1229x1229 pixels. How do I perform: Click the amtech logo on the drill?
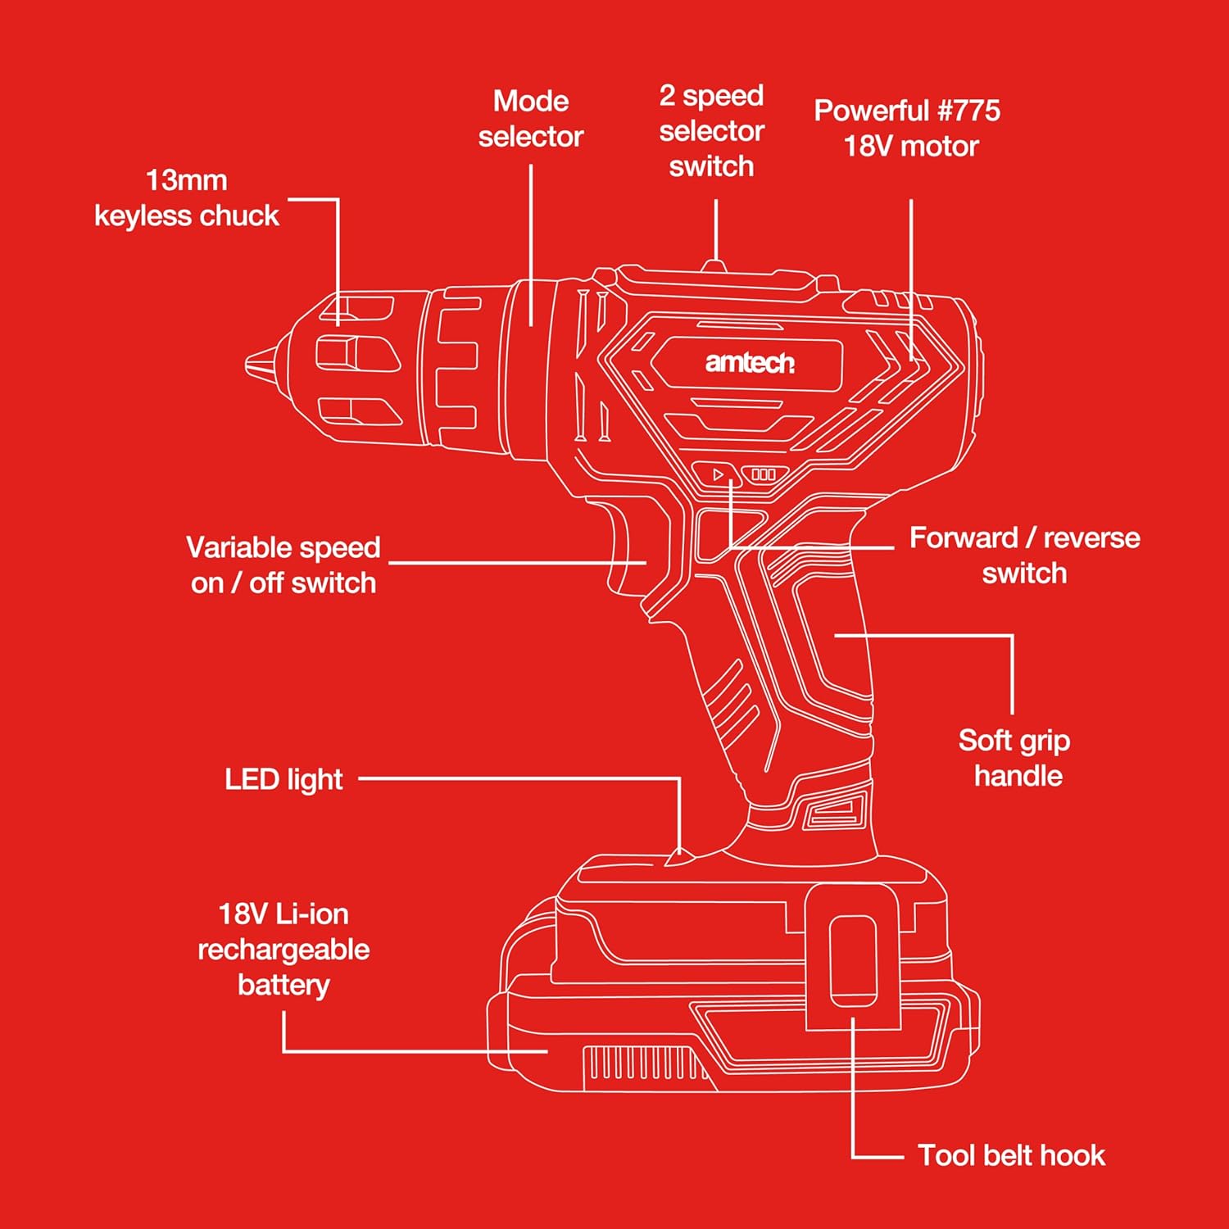point(750,362)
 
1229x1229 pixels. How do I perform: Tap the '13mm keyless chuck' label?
point(187,198)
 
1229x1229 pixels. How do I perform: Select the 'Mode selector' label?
point(531,119)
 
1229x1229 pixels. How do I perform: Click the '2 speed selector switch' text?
point(711,131)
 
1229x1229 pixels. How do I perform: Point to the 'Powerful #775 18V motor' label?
point(908,128)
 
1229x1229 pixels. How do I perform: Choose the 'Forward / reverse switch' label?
point(1024,555)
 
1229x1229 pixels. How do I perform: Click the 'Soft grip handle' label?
point(1015,758)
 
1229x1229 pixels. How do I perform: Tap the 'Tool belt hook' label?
point(1011,1155)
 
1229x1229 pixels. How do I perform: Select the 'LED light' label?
point(283,779)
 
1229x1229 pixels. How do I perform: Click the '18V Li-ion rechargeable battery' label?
point(283,949)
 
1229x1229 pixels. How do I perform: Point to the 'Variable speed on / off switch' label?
point(283,565)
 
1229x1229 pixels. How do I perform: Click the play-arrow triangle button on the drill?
point(719,474)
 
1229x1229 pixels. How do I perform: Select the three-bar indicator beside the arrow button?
point(764,474)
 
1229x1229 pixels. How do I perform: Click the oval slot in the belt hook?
point(853,960)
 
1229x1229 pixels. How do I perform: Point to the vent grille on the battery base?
point(644,1065)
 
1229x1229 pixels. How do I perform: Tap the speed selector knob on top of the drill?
point(714,265)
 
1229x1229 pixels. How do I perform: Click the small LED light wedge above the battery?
point(679,857)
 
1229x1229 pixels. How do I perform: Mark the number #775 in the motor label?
point(968,111)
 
